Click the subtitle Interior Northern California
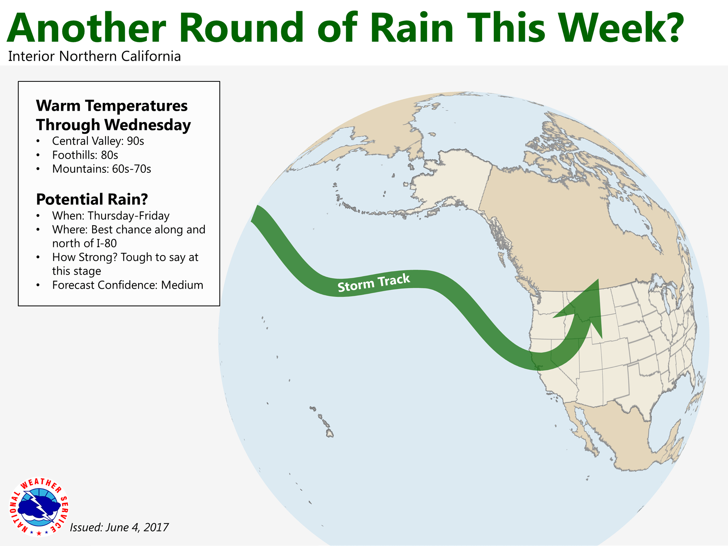tap(95, 57)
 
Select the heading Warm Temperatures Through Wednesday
tap(113, 115)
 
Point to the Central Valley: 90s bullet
tap(98, 141)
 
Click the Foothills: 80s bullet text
tap(85, 155)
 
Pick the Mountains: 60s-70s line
tap(102, 169)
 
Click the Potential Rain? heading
tap(92, 199)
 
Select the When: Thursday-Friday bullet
tap(111, 216)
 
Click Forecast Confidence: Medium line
tap(128, 285)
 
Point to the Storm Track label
tap(374, 283)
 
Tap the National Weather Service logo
tap(39, 507)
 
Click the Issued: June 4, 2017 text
tap(119, 527)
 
